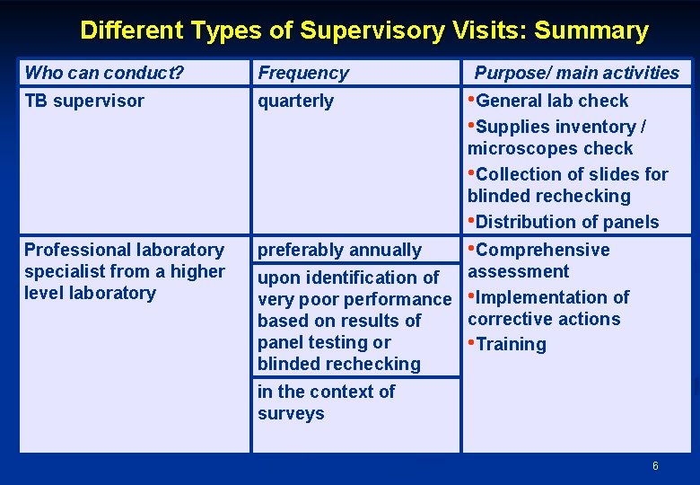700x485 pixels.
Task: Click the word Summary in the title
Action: pos(591,31)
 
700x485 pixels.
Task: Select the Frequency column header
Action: pos(303,73)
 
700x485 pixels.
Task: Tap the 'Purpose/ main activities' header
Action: pos(577,73)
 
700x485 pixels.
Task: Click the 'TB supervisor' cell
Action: pos(84,101)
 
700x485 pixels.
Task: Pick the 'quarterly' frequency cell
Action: pos(296,101)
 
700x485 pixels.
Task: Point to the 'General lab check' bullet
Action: pos(551,101)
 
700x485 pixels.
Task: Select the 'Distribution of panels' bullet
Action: pos(566,222)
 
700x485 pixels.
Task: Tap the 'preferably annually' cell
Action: pos(339,250)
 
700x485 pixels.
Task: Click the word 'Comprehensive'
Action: pos(543,250)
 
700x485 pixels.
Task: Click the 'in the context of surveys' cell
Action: pos(326,402)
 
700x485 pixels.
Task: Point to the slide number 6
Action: pos(655,466)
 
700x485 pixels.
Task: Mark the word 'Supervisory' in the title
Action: pos(372,31)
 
